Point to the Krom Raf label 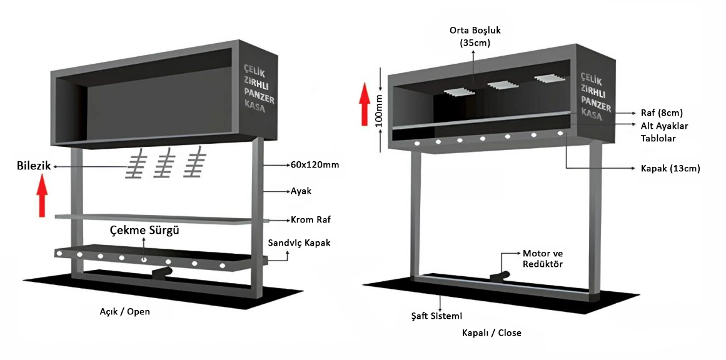[310, 220]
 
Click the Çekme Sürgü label [145, 231]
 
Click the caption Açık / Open [125, 311]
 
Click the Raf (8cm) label [662, 113]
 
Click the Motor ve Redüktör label [543, 259]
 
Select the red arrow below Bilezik [42, 196]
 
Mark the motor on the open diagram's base [164, 272]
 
